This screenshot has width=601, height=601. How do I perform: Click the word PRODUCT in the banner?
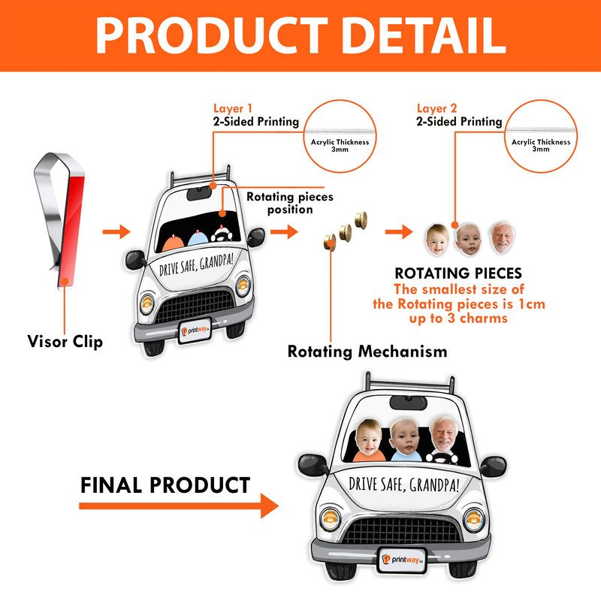211,35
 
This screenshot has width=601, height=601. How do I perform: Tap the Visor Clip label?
65,341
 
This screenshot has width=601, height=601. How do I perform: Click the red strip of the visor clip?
72,230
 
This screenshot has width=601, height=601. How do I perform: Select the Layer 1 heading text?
233,108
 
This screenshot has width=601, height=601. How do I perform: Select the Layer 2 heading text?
436,108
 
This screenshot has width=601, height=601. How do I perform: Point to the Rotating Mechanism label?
367,352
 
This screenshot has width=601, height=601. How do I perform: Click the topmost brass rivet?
361,220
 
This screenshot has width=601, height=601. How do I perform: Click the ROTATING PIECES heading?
458,273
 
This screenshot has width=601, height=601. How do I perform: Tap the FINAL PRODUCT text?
165,485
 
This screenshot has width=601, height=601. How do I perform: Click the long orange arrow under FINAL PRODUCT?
179,506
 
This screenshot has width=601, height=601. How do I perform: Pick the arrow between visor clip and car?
116,231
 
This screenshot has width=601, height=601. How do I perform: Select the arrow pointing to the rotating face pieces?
399,231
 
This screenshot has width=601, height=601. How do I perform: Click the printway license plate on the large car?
402,560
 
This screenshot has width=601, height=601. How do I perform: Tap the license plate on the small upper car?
195,331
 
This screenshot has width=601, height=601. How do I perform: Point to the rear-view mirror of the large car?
408,403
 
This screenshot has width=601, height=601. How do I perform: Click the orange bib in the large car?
369,455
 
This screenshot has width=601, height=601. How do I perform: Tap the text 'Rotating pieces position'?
290,203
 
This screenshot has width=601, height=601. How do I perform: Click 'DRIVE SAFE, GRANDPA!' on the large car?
404,485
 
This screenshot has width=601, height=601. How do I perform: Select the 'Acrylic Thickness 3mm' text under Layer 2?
541,145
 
